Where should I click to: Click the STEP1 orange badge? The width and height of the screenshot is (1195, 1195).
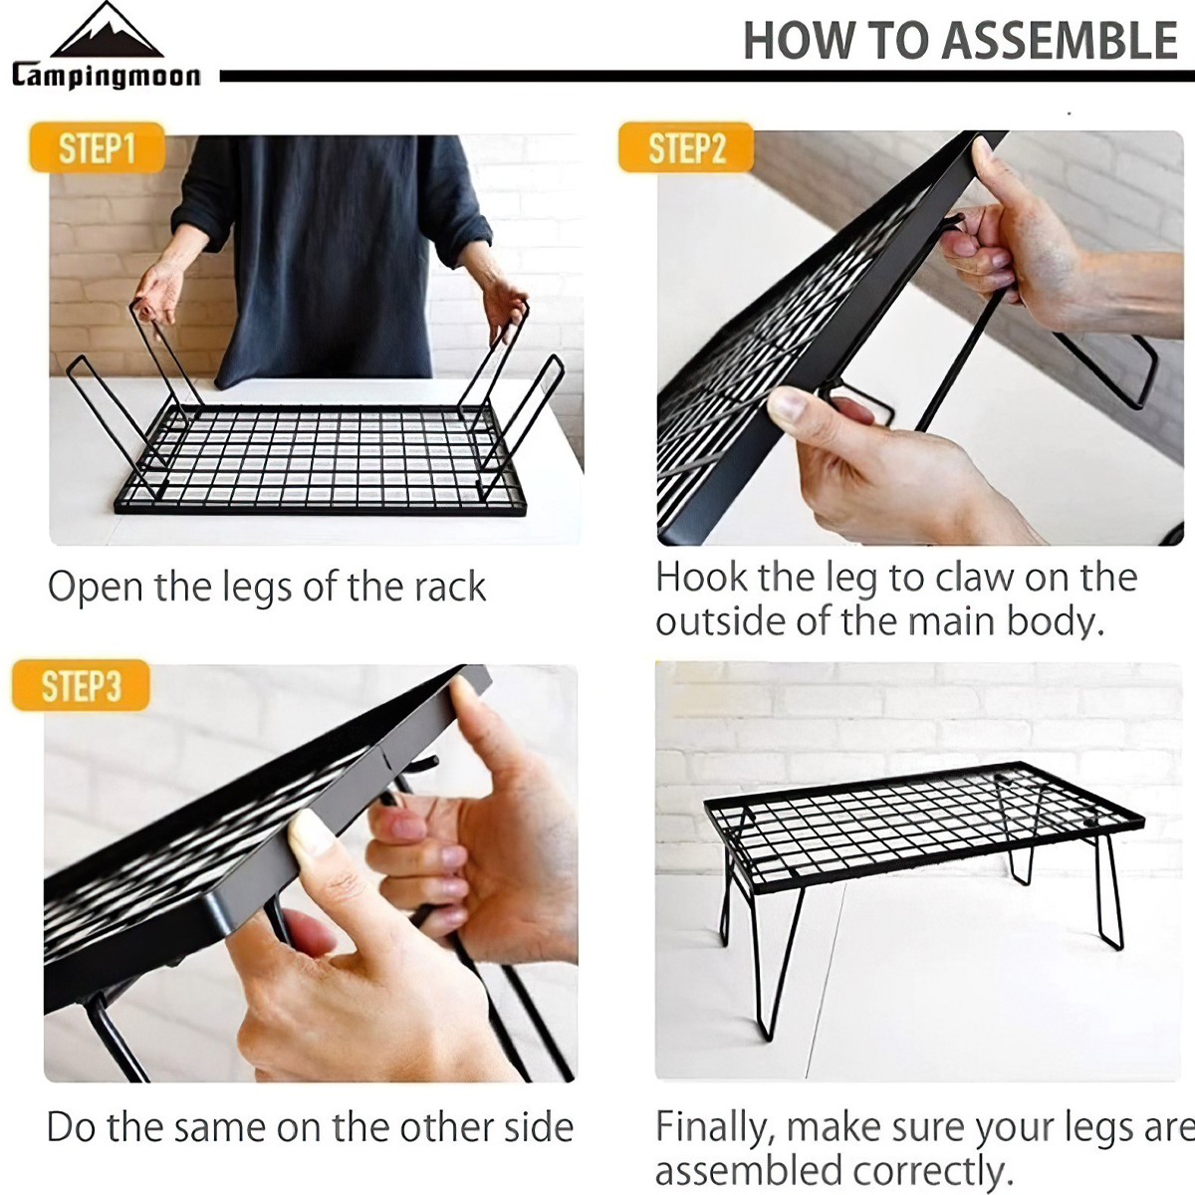point(97,148)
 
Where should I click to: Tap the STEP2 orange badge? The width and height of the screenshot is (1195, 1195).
point(686,148)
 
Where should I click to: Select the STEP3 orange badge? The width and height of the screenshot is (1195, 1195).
point(81,686)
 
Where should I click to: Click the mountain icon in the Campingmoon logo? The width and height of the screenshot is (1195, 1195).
point(107,33)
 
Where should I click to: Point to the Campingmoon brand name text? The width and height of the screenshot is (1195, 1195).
point(107,76)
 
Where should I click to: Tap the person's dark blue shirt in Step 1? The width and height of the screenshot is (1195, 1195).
point(329,249)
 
